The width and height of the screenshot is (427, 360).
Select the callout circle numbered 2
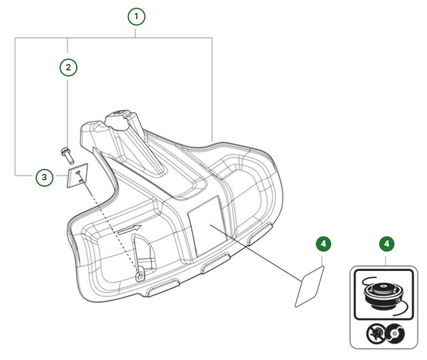tap(68, 66)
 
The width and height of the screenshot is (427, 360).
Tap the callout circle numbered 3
tap(43, 177)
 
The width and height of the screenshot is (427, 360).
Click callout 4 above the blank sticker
tap(324, 244)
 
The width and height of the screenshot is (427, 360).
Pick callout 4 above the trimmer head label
tap(386, 244)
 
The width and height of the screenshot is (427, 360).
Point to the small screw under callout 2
tap(66, 153)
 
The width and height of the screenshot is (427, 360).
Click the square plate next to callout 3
tap(77, 176)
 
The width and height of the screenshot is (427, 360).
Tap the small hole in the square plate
tap(78, 172)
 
